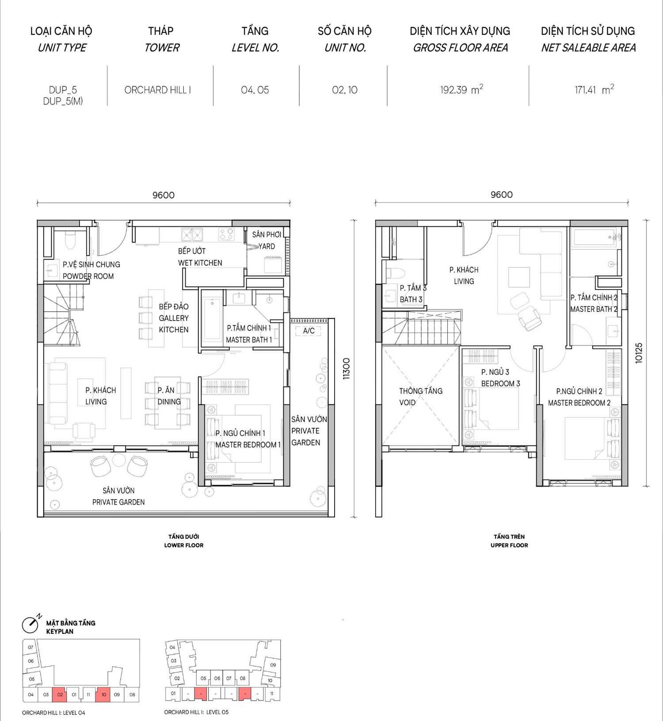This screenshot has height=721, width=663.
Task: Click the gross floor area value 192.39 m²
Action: click(x=461, y=90)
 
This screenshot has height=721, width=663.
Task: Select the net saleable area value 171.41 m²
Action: click(x=594, y=90)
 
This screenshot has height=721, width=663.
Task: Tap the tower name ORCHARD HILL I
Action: click(x=158, y=90)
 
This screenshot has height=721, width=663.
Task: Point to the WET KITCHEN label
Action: click(x=200, y=263)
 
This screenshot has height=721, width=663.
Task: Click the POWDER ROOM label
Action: click(x=88, y=276)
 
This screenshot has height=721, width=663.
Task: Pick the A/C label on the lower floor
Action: click(x=309, y=331)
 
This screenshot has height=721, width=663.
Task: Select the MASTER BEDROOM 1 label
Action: click(x=248, y=445)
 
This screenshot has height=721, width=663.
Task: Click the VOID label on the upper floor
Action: click(x=407, y=403)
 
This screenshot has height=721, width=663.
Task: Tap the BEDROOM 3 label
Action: click(x=501, y=384)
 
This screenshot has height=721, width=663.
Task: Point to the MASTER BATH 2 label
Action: click(x=594, y=309)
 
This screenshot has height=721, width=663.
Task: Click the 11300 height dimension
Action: click(x=347, y=368)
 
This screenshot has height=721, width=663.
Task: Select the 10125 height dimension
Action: click(x=639, y=353)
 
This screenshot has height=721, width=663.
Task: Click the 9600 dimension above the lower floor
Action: click(x=164, y=195)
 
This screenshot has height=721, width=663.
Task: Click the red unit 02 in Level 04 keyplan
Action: click(x=60, y=694)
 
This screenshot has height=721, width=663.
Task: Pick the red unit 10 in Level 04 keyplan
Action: click(x=103, y=694)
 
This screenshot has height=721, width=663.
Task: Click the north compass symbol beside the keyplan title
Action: click(x=31, y=624)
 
